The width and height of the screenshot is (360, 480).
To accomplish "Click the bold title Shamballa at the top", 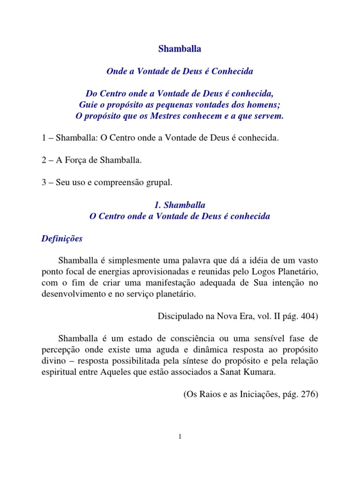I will tap(180, 48).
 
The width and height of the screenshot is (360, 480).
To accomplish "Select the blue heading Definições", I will tap(62, 239).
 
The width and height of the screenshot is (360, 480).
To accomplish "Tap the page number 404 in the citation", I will tap(308, 316).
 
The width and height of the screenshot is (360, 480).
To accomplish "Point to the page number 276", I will tap(308, 394).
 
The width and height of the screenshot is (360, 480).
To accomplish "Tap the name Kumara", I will tap(289, 373).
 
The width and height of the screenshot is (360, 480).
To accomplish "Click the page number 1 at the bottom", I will tap(180, 437).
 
